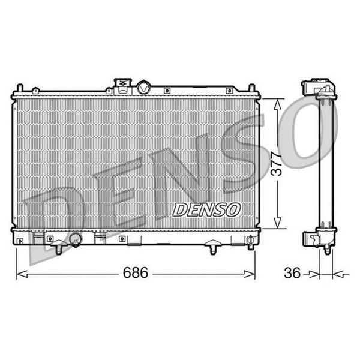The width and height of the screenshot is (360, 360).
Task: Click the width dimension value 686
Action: coord(136,273)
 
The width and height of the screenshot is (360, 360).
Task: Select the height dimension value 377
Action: coord(276,164)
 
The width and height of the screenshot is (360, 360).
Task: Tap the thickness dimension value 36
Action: coord(292,273)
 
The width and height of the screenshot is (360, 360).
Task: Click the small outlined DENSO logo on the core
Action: coord(206,209)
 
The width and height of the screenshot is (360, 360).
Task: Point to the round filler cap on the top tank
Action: coord(143,87)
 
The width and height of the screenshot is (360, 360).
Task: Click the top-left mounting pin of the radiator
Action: coord(20,88)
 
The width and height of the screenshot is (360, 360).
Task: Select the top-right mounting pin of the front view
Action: coord(252,88)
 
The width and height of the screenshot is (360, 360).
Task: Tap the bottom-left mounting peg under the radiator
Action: coord(59,250)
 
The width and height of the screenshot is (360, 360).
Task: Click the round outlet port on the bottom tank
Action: coord(76,239)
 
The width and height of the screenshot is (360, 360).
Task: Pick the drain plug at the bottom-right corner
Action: coord(250,242)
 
